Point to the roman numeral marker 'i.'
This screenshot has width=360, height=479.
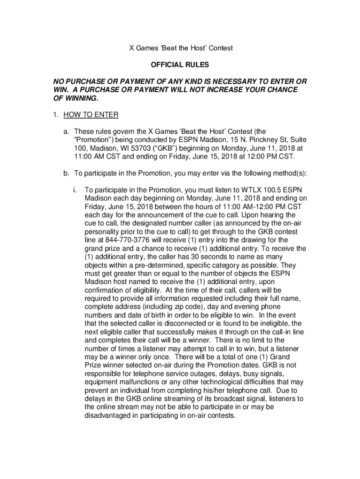point(75,190)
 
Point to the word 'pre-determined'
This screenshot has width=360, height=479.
point(151,265)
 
